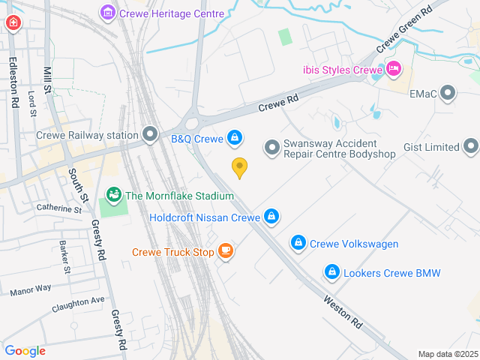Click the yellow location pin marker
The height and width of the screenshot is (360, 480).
coord(239,167)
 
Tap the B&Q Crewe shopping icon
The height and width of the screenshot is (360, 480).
coord(235,137)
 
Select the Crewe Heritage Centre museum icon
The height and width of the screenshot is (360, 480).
coord(108,13)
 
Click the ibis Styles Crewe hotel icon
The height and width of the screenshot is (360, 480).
coord(394,70)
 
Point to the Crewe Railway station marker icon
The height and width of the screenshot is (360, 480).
coord(151,135)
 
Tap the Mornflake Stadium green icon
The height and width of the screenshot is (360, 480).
coord(114,196)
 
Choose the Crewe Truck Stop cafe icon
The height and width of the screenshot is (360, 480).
coord(225,251)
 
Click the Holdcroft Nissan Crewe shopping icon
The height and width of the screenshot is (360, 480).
coord(271,217)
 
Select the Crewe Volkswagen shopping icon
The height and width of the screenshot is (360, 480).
coord(298,243)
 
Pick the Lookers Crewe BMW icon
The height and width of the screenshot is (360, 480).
coord(331,272)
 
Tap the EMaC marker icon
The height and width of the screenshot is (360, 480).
coord(448,93)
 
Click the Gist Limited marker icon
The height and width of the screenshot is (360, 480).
coord(470,146)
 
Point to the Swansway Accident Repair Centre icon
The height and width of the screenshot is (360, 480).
coord(271,147)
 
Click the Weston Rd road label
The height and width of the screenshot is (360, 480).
coord(343,310)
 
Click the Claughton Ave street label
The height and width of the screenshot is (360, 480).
coord(78,304)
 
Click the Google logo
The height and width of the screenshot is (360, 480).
coord(25,350)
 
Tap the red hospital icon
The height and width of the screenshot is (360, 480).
coord(13,23)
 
